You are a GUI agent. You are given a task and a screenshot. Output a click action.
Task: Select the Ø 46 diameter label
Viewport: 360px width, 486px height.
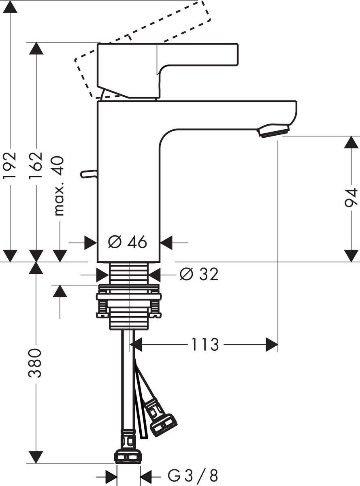(x=128, y=243)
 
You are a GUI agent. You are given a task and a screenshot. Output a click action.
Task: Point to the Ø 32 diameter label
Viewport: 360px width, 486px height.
(x=199, y=275)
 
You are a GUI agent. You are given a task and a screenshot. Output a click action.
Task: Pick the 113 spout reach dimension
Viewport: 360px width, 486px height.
(x=205, y=345)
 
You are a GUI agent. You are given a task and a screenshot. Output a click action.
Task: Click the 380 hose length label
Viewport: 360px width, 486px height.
(x=36, y=362)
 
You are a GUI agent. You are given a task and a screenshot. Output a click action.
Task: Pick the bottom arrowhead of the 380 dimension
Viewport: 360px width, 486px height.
(x=36, y=457)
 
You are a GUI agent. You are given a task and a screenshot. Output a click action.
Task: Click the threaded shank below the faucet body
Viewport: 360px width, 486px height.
(x=129, y=273)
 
